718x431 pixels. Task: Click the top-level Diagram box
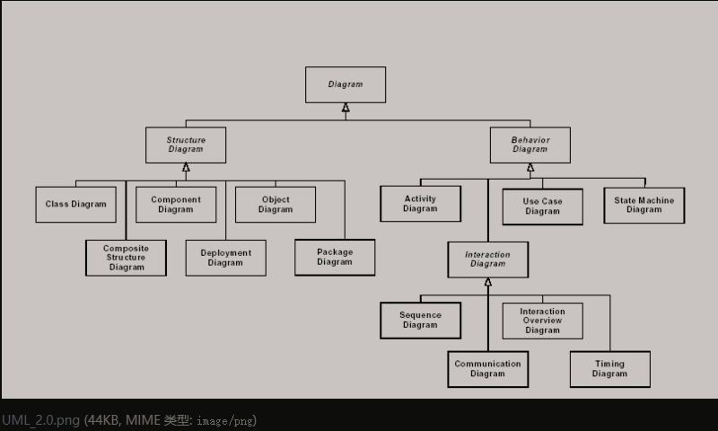point(346,84)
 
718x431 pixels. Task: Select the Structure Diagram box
point(186,145)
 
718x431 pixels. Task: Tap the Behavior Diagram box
point(530,145)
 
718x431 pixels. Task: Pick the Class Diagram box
point(76,204)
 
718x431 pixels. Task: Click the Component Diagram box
point(176,204)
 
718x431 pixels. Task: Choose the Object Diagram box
point(276,204)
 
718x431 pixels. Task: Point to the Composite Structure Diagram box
point(127,258)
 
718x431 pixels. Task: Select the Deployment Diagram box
point(225,258)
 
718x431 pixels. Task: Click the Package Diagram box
point(335,257)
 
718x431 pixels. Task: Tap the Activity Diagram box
point(420,204)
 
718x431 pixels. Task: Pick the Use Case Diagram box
point(542,207)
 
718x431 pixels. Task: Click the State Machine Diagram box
point(644,205)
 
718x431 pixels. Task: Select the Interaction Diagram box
point(487,259)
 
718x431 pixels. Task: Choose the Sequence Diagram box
point(420,320)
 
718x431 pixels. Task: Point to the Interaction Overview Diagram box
point(542,321)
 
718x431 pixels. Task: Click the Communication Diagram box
point(487,369)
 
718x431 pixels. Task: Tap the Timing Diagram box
point(609,369)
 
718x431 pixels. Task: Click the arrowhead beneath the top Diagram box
point(346,109)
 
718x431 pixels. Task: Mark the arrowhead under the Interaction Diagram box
point(488,283)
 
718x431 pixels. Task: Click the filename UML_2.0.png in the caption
point(40,419)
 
